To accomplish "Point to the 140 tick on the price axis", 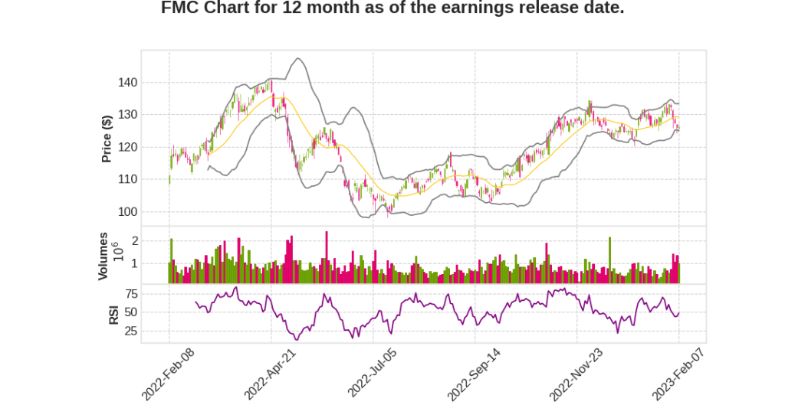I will click(x=126, y=83).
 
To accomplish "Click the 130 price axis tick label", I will click(x=126, y=115).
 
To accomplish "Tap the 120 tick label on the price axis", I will click(x=126, y=147).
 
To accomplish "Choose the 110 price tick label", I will click(x=126, y=179).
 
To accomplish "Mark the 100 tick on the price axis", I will click(x=126, y=212).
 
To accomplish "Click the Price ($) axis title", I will click(x=107, y=139).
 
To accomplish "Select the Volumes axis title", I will click(x=103, y=256).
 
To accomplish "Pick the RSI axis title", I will click(x=113, y=314).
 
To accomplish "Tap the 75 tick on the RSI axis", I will click(x=130, y=293).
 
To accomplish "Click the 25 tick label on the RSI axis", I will click(x=130, y=331).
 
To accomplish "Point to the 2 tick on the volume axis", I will click(x=134, y=240).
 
